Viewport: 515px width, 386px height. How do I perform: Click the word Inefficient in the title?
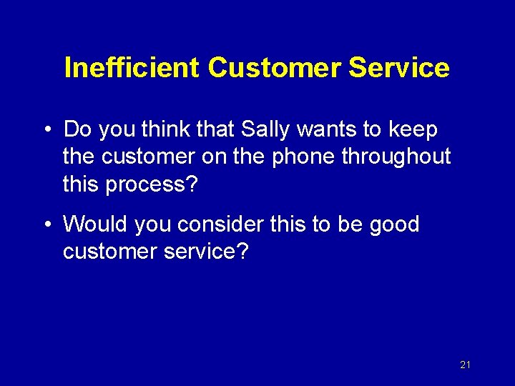(x=131, y=68)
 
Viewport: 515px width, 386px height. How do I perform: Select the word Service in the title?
(x=398, y=68)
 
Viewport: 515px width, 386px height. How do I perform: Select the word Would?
(x=92, y=224)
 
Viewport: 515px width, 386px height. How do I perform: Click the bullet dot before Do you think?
(x=46, y=131)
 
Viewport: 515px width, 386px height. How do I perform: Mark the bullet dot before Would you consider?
(x=46, y=225)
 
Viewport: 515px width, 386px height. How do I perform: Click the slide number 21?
(x=465, y=365)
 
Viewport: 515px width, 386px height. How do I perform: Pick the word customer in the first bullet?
(x=142, y=157)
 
